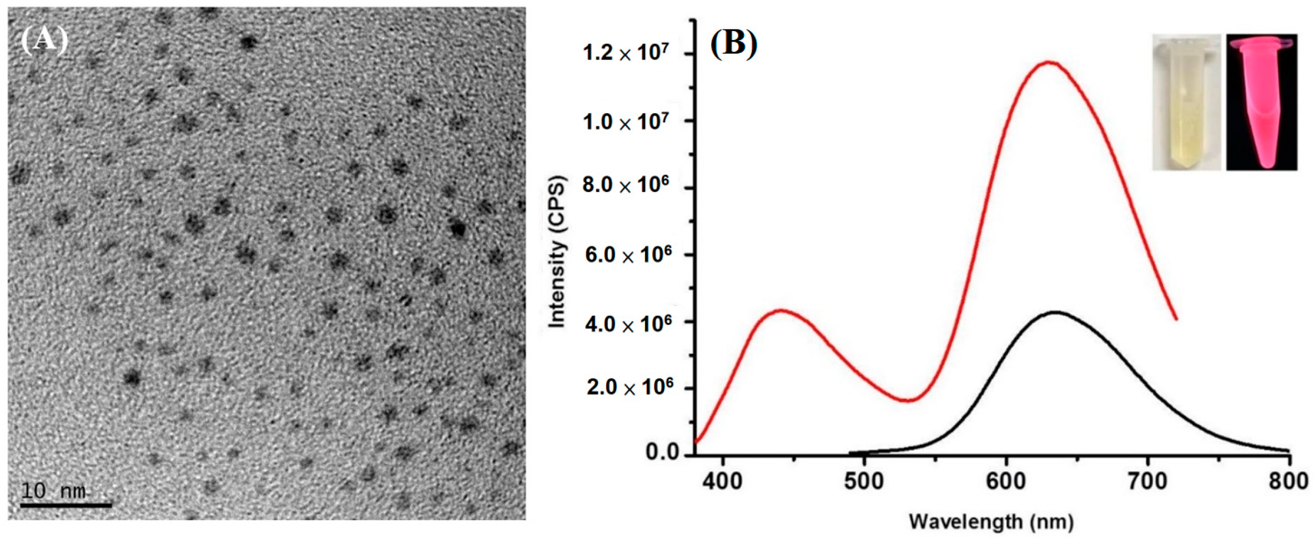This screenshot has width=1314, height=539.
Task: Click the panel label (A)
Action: (44, 41)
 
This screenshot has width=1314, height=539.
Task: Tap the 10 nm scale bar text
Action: (54, 491)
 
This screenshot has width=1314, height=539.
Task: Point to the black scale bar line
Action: (66, 505)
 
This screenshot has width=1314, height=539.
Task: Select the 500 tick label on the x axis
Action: (864, 481)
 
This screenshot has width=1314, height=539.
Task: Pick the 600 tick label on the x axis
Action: (1006, 481)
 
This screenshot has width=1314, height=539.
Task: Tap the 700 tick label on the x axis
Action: (1147, 481)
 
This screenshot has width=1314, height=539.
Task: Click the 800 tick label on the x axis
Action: (1288, 481)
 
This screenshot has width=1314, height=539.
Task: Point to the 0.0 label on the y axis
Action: (662, 453)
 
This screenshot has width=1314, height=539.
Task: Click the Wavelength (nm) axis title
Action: (991, 522)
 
